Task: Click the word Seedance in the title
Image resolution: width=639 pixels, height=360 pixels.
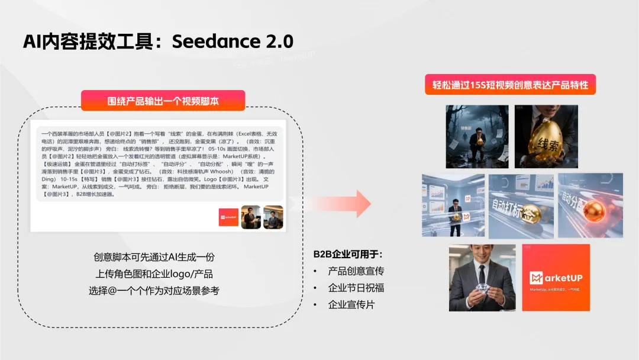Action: (x=219, y=41)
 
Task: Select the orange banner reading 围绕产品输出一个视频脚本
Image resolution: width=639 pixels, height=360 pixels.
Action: (x=163, y=101)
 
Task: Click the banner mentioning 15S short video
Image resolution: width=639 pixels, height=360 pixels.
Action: (x=509, y=85)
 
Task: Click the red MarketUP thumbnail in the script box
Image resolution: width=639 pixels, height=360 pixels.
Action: (x=228, y=217)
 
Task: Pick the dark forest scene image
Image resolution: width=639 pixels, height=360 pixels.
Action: (x=477, y=136)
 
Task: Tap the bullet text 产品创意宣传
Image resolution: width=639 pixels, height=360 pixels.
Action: (x=356, y=271)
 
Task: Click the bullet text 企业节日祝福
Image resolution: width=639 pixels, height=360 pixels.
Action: (x=356, y=288)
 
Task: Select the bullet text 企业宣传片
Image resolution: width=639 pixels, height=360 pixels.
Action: (x=351, y=304)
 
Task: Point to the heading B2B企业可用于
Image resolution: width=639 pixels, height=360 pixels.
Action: (x=348, y=254)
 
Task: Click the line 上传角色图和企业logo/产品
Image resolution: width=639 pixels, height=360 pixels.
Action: (x=154, y=274)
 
